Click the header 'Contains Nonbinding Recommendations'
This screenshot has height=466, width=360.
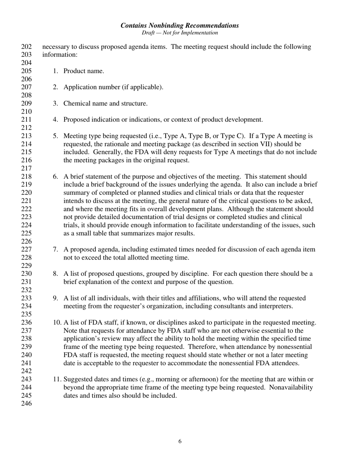click(180, 25)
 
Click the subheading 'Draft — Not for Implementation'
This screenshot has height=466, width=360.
click(180, 33)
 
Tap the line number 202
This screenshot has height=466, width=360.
click(26, 47)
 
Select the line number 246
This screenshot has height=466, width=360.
click(26, 404)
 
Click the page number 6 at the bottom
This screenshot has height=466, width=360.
click(180, 441)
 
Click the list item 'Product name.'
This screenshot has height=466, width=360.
click(83, 71)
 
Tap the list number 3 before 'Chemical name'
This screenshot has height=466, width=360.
click(55, 103)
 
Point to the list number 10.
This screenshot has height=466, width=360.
click(57, 323)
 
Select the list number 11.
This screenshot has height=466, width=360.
click(57, 379)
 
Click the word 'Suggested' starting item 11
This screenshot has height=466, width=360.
click(78, 379)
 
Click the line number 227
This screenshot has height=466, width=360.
click(26, 249)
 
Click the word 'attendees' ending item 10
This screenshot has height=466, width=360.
click(285, 363)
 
